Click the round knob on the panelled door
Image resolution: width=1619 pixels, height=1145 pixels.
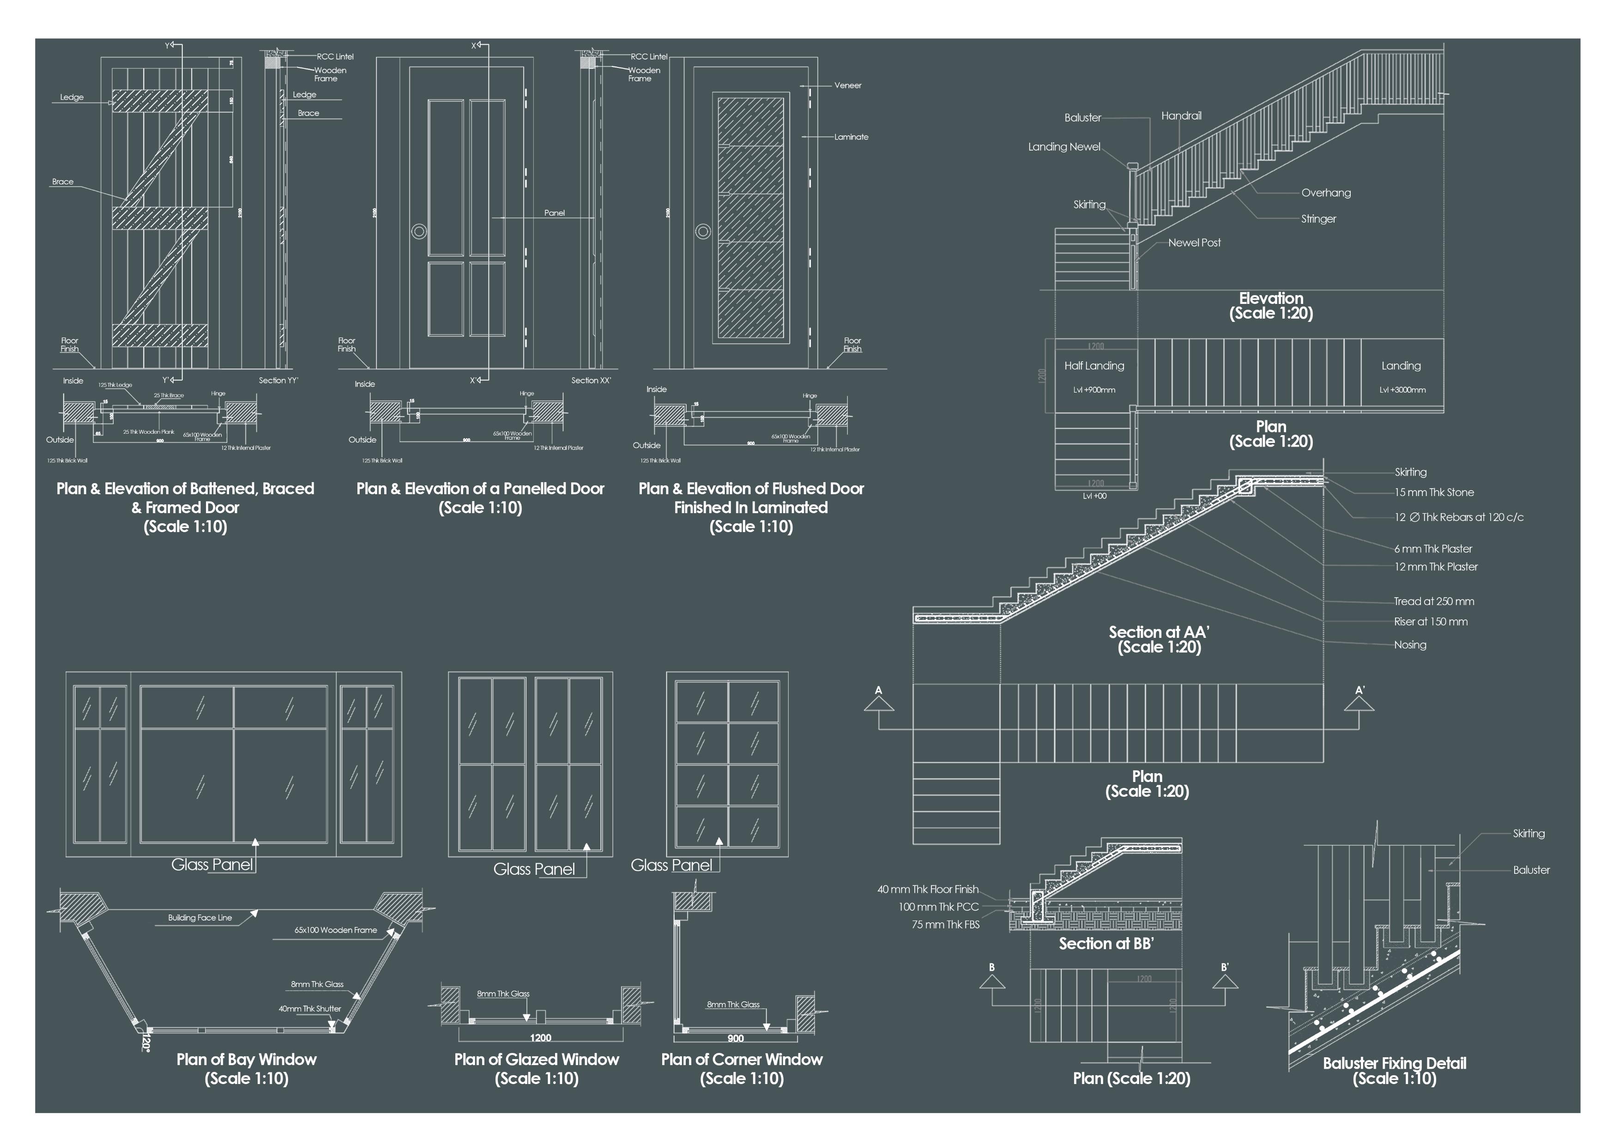419,230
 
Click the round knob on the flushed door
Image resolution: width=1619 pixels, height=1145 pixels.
702,230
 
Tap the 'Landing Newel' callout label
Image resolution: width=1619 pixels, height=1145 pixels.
1063,147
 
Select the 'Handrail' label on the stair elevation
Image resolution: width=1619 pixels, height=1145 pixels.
1181,115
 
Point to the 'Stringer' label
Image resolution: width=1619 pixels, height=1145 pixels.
1318,218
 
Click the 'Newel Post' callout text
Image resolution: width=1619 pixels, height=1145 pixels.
1194,242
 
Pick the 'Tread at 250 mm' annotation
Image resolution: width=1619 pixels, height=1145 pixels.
1433,601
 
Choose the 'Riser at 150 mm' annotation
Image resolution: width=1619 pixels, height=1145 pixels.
1430,622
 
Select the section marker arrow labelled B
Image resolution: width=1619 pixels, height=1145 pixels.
991,981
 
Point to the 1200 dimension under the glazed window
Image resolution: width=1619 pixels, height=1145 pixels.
540,1038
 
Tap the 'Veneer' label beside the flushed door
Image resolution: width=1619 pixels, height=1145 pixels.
847,85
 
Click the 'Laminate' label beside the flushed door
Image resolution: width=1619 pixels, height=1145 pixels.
851,137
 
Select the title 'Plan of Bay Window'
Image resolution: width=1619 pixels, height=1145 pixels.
246,1059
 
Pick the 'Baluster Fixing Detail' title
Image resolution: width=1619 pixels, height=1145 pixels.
1394,1063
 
